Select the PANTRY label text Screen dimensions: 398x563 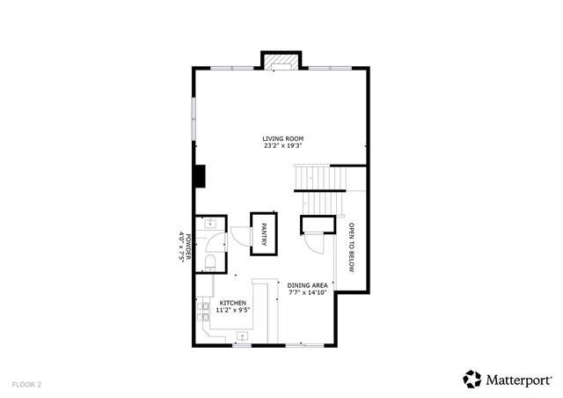[x=264, y=233]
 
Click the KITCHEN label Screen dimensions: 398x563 [x=233, y=302]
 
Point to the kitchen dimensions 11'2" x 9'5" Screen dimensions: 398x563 [x=233, y=310]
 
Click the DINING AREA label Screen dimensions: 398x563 [x=308, y=285]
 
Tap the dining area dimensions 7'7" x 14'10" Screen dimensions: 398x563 [x=308, y=293]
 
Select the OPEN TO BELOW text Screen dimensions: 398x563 [x=351, y=247]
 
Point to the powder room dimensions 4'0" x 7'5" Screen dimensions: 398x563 [x=181, y=247]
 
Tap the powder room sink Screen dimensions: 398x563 [x=211, y=225]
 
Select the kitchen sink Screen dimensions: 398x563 [x=241, y=335]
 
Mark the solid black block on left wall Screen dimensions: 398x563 [x=201, y=176]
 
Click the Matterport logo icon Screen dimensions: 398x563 [x=472, y=379]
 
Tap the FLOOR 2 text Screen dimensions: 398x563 [x=27, y=384]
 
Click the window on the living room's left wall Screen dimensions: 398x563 [x=194, y=114]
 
